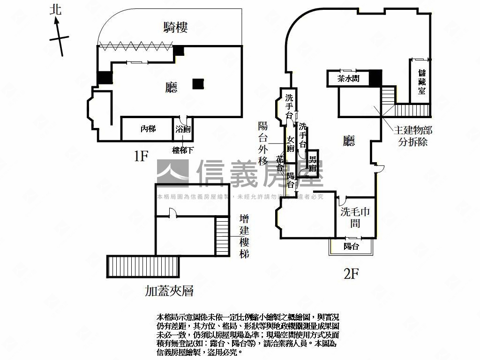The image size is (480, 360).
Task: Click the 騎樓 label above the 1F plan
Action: (x=176, y=28)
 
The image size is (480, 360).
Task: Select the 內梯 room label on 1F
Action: (x=148, y=128)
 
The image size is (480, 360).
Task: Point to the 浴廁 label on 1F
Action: (x=183, y=129)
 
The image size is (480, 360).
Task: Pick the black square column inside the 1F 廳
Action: (x=198, y=83)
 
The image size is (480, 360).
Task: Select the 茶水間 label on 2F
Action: (x=349, y=79)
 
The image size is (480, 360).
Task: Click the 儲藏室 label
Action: (x=422, y=82)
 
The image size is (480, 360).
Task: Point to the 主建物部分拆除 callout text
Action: (x=413, y=136)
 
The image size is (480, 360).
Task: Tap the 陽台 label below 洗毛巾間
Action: (x=351, y=246)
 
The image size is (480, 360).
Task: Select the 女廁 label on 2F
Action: (x=291, y=144)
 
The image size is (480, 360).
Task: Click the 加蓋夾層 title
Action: (x=169, y=291)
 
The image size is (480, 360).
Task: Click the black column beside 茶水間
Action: (x=375, y=78)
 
